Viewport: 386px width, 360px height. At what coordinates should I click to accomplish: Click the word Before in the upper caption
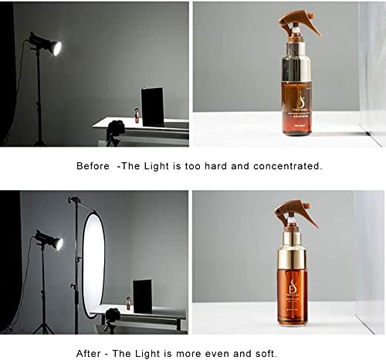click(92, 166)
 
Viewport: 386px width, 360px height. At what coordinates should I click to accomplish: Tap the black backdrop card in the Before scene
click(153, 107)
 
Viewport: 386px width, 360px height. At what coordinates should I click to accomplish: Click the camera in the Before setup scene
click(116, 128)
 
